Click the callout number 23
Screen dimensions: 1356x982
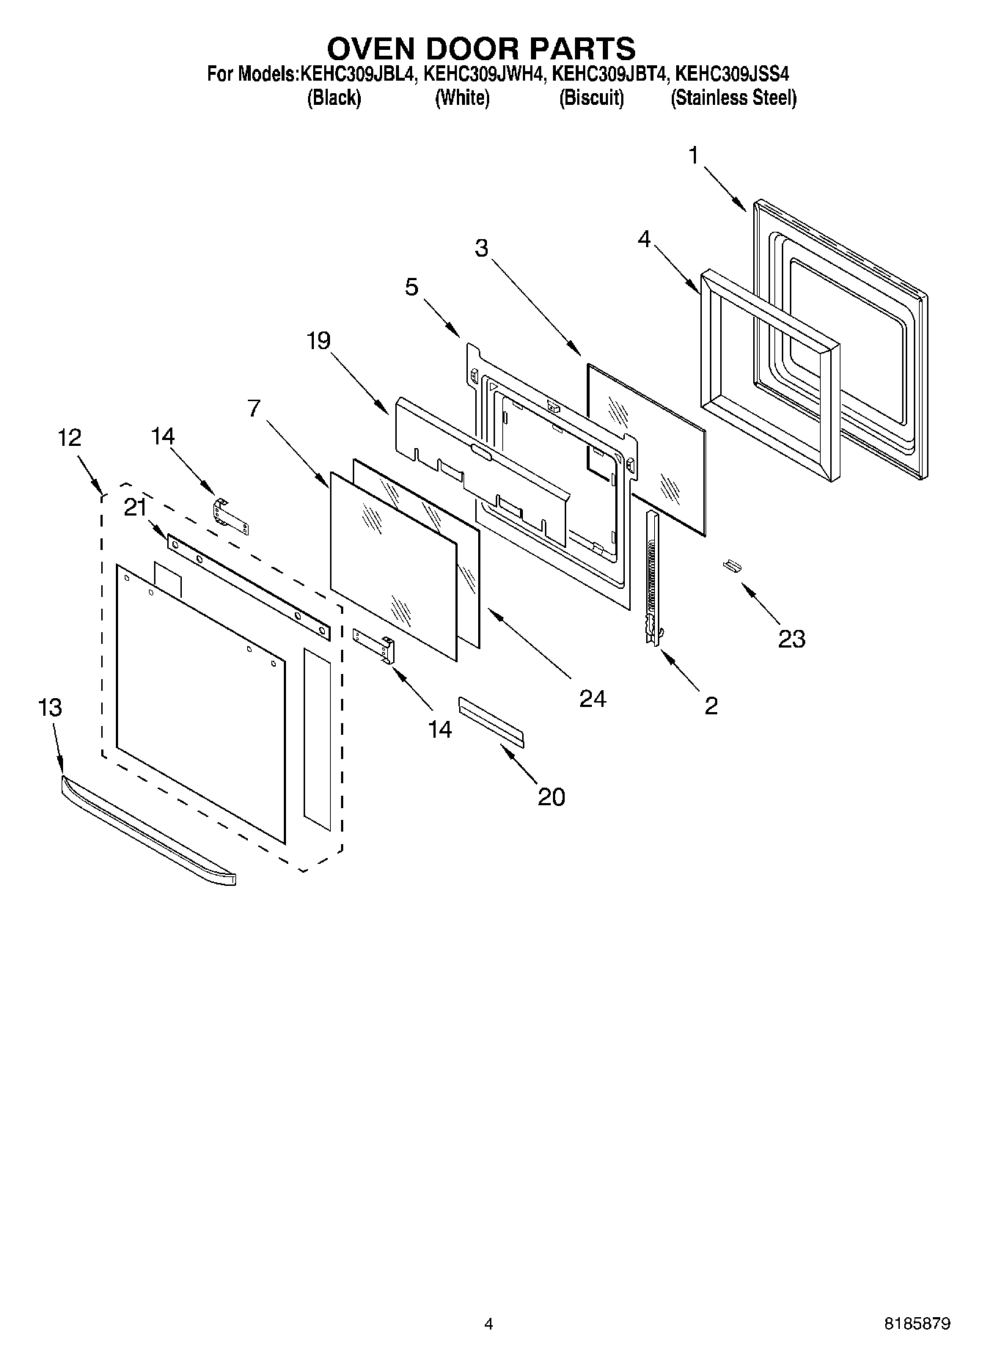[791, 639]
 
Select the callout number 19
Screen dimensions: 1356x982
[318, 341]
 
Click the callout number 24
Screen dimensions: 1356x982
[593, 699]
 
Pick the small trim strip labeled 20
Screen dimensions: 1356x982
[491, 722]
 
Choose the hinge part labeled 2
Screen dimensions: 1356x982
[651, 579]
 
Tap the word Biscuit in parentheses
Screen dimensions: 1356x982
[591, 98]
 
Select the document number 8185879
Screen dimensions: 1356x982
[917, 1324]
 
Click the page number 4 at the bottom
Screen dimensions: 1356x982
[488, 1324]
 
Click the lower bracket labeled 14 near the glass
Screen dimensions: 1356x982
[375, 643]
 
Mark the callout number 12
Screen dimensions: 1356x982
[70, 438]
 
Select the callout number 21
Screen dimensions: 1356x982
[135, 507]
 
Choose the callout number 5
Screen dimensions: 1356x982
[411, 287]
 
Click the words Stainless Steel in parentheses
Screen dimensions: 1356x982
[733, 98]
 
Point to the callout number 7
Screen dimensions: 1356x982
[254, 408]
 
